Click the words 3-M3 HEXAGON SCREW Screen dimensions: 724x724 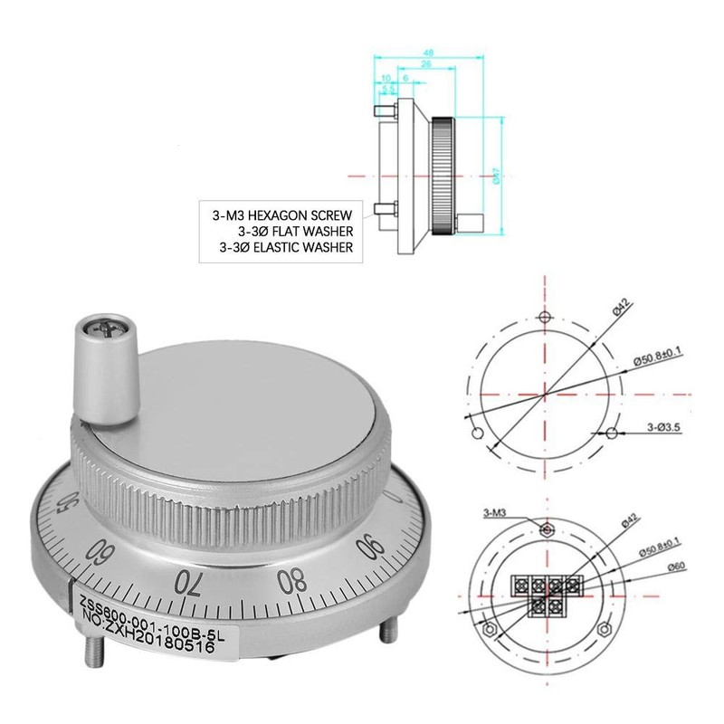[x=281, y=216]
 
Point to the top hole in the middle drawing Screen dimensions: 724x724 [x=544, y=318]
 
